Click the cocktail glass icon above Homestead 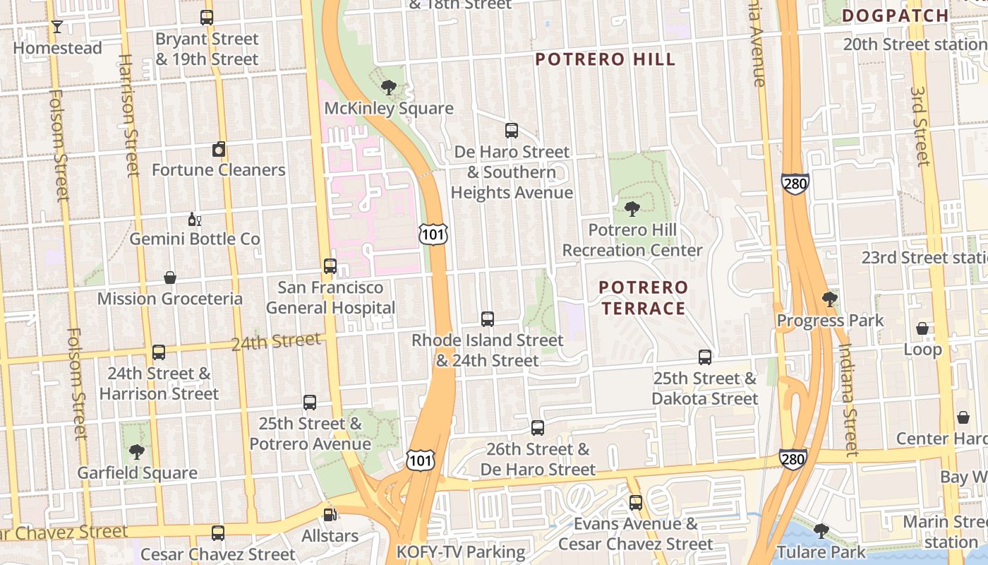point(57,27)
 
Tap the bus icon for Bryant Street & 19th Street point(207,18)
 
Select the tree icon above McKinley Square point(388,88)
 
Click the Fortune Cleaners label point(219,169)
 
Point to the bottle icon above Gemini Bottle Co point(194,219)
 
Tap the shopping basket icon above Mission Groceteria point(169,278)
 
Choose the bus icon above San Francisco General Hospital point(330,266)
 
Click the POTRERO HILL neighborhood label point(605,59)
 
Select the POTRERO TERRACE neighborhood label point(642,297)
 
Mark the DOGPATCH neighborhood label point(895,16)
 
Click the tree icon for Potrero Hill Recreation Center point(632,209)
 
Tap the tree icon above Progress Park point(830,299)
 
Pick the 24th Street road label point(276,342)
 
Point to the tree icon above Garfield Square point(137,452)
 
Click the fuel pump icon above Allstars point(330,515)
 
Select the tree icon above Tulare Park point(821,530)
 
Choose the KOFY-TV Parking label point(461,552)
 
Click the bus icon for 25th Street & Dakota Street point(704,357)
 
